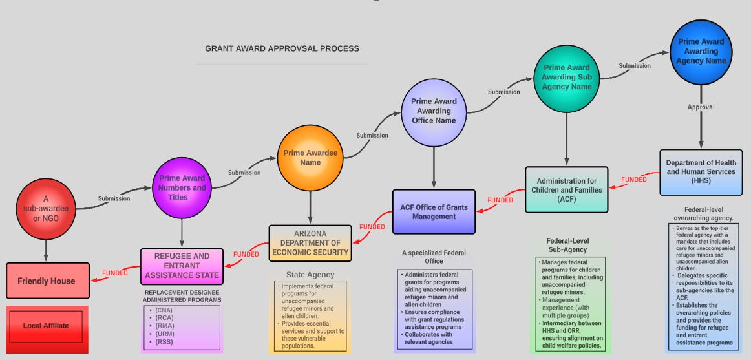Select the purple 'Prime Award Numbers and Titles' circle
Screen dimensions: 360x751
pos(182,187)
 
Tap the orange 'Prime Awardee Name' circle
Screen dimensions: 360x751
pos(310,158)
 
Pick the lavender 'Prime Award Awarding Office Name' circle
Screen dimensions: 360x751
pos(433,111)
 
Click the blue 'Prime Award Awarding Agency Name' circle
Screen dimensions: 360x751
pos(701,51)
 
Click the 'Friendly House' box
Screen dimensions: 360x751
pos(47,281)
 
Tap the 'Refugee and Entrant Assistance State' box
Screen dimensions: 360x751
pos(182,266)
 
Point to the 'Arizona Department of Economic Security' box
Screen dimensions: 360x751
pos(310,243)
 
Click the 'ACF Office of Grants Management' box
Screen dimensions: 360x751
pos(434,211)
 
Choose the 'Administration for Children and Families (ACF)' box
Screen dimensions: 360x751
pos(566,190)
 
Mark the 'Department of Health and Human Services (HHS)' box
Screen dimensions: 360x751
pos(701,171)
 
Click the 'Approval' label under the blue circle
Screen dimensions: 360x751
pos(701,107)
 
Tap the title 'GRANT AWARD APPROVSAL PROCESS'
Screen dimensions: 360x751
pos(282,48)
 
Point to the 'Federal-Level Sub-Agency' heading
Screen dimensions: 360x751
pos(567,245)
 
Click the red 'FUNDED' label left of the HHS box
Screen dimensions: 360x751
pos(633,179)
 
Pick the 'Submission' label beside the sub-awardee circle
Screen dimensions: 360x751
pos(114,198)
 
